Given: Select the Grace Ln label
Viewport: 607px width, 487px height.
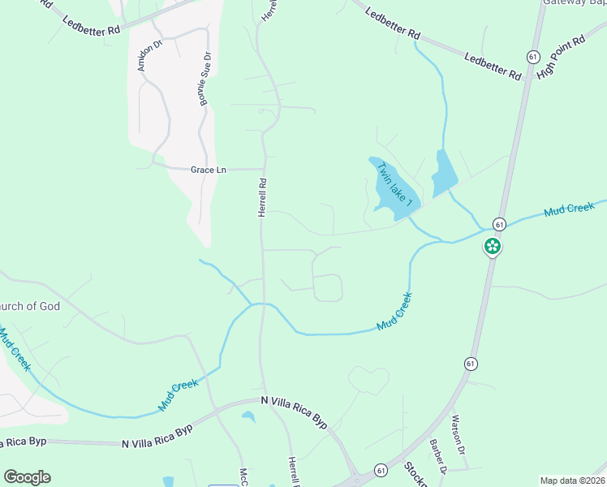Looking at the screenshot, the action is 209,170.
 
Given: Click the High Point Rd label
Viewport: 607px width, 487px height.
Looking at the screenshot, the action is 561,57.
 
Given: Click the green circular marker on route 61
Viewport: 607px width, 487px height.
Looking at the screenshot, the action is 492,245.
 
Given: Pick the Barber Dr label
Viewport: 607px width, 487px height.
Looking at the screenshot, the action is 438,458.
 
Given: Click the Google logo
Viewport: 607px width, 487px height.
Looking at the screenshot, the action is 27,477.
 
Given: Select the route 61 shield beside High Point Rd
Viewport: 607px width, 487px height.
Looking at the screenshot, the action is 532,57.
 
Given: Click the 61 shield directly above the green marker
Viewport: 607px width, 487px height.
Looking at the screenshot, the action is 499,224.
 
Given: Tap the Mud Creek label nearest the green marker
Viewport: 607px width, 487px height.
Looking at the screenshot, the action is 570,209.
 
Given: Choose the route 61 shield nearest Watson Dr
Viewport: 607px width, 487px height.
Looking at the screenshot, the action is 471,364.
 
